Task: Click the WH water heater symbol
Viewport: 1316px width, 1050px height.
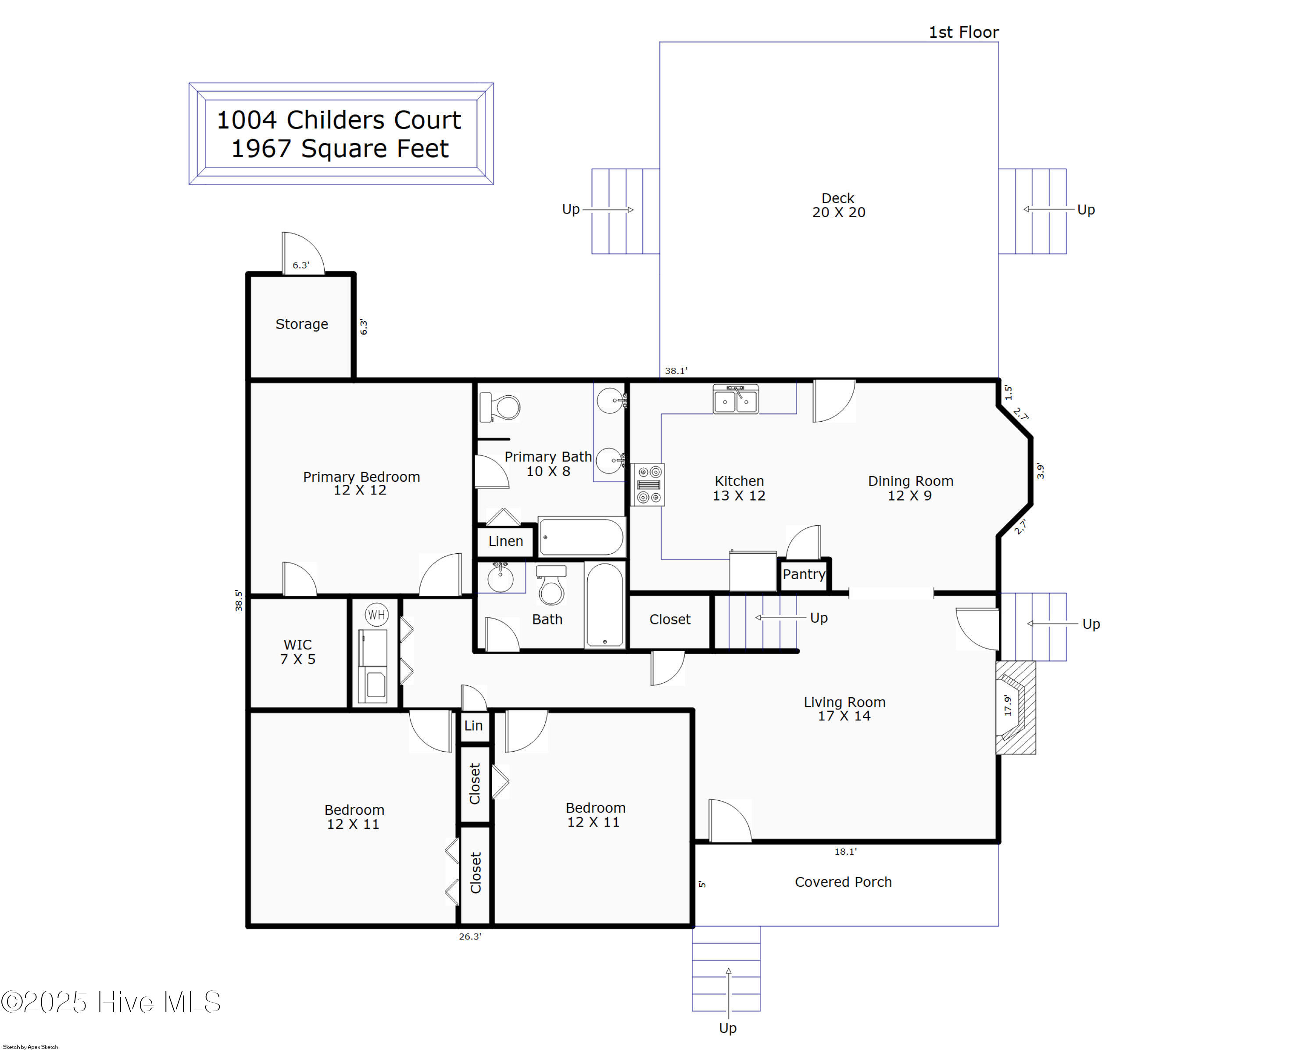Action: tap(377, 615)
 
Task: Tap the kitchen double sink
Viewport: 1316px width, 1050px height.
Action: tap(736, 400)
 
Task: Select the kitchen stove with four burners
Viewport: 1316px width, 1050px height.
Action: tap(649, 485)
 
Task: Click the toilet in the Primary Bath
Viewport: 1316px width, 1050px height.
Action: tap(501, 407)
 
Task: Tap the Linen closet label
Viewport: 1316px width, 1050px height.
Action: tap(505, 541)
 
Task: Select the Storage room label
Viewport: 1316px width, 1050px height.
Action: tap(301, 324)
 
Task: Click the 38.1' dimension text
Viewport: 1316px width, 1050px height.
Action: tap(676, 371)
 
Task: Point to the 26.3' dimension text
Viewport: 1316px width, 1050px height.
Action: tap(470, 936)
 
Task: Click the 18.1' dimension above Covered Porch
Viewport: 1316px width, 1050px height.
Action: tap(845, 852)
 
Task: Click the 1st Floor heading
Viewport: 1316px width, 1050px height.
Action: tap(963, 32)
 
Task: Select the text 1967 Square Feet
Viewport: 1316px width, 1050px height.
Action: tap(340, 149)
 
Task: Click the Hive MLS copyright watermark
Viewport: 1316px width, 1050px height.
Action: tap(111, 1002)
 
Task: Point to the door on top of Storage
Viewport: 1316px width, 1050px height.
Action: tap(304, 253)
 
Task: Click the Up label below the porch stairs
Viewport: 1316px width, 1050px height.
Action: tap(728, 1028)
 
